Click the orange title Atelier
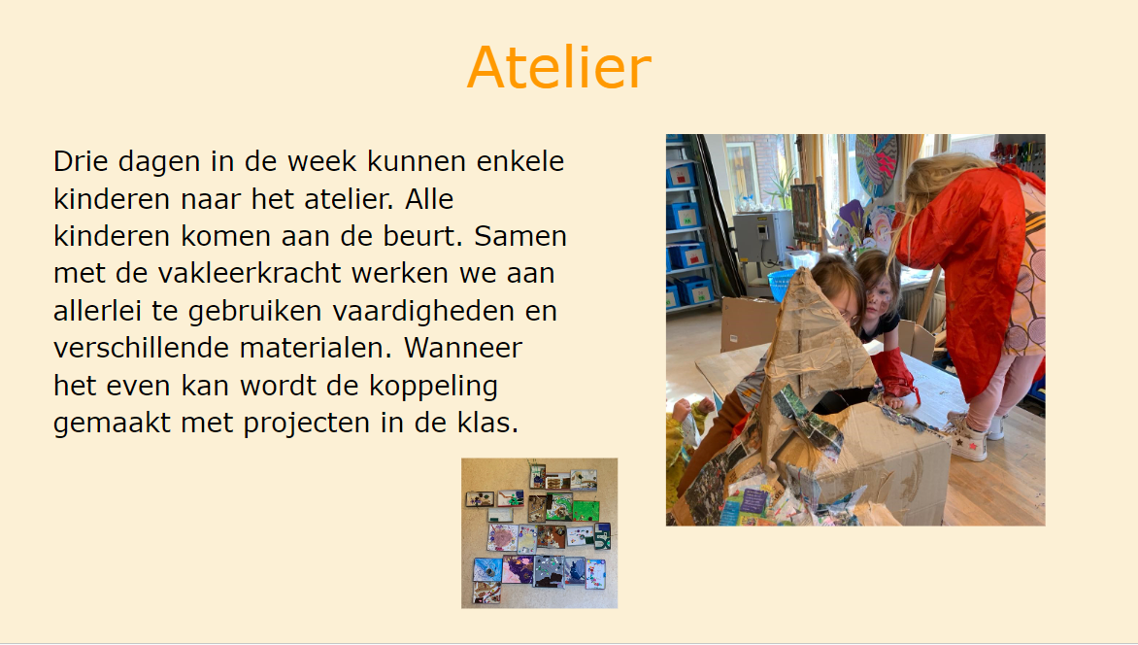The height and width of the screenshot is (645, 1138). pyautogui.click(x=559, y=68)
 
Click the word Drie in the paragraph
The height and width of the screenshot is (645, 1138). pyautogui.click(x=82, y=160)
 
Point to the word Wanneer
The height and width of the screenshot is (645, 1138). pyautogui.click(x=462, y=348)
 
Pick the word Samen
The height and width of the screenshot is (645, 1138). pyautogui.click(x=520, y=236)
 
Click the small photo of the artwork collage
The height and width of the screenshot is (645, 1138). pyautogui.click(x=539, y=532)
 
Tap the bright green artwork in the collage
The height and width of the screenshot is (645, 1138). pyautogui.click(x=586, y=511)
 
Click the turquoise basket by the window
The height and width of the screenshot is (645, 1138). pyautogui.click(x=781, y=284)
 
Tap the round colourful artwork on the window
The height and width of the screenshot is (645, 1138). pyautogui.click(x=876, y=164)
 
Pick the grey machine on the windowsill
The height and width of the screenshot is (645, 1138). pyautogui.click(x=763, y=236)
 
